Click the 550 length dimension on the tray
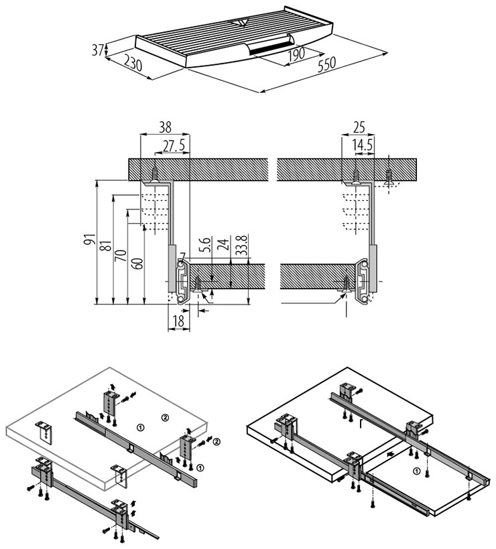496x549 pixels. (x=326, y=63)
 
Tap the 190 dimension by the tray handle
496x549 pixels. (x=296, y=53)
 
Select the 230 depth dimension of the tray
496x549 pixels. (x=133, y=65)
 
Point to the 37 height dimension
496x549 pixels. (x=97, y=50)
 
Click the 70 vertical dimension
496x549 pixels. (x=121, y=255)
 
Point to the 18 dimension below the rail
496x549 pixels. (x=178, y=321)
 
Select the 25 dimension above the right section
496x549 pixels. (x=359, y=126)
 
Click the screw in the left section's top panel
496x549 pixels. (x=156, y=173)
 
